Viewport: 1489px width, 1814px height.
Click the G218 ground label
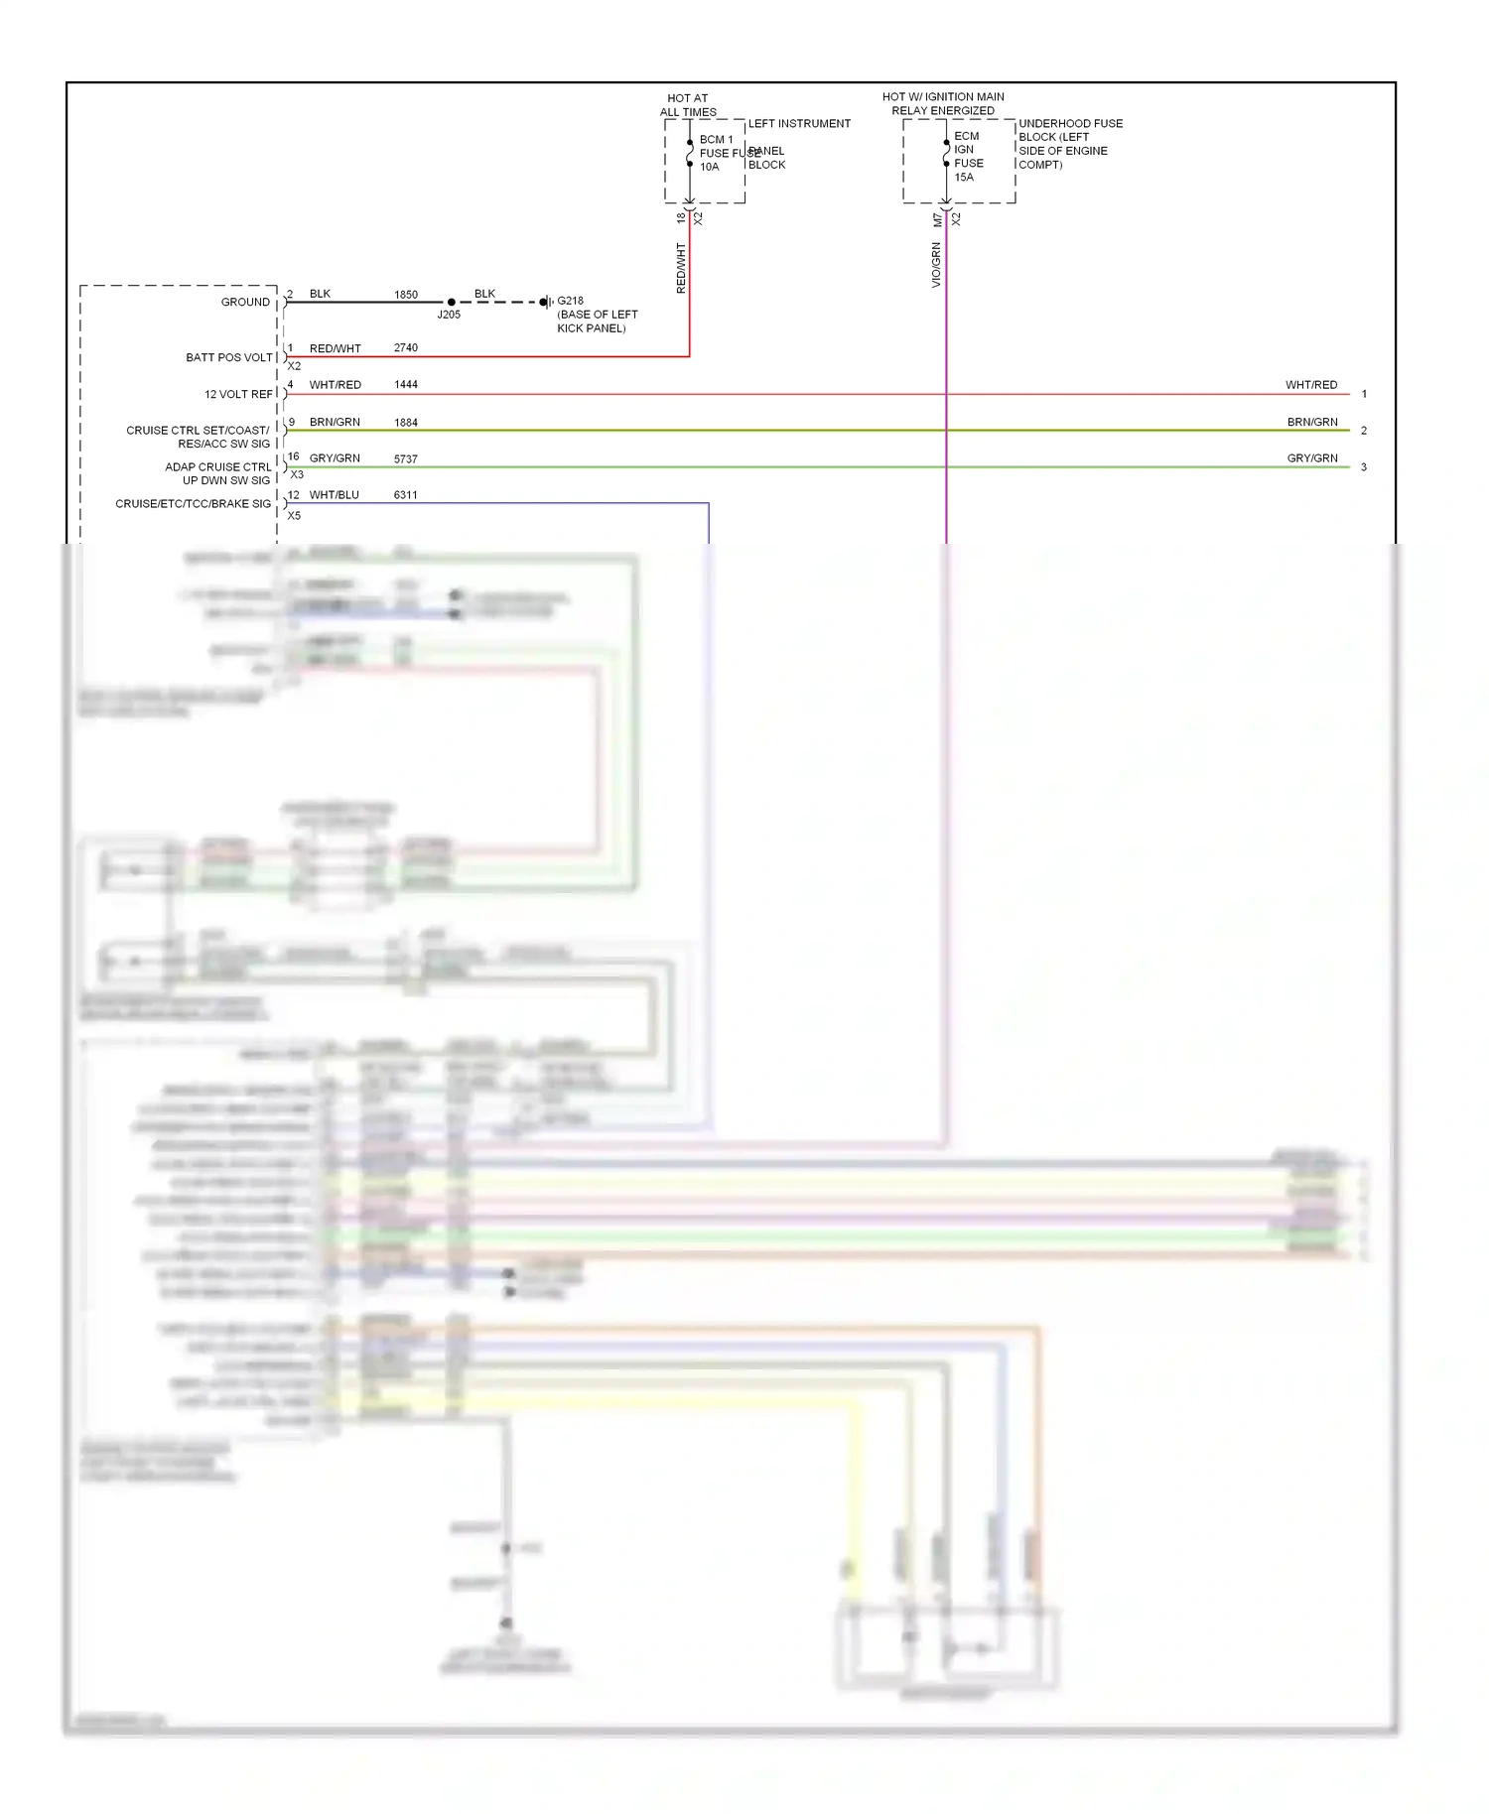point(571,301)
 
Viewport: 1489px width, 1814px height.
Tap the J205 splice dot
point(452,302)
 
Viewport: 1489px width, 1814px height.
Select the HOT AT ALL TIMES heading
point(688,105)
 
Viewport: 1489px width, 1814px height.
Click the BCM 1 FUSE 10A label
point(718,153)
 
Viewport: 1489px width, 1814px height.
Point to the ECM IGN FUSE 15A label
point(968,157)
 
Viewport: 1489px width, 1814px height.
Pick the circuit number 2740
point(406,348)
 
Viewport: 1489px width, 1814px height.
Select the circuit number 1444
point(406,385)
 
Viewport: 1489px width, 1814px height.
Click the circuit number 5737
point(406,459)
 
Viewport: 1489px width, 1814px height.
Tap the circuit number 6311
point(406,495)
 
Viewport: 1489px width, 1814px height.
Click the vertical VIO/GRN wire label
point(936,266)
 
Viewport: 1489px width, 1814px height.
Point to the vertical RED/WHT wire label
point(681,268)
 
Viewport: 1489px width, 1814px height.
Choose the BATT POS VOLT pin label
point(229,358)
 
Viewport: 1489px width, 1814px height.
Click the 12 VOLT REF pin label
point(238,395)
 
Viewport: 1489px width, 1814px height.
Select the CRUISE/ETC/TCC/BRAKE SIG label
point(194,504)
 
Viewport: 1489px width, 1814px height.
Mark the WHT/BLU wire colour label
point(335,495)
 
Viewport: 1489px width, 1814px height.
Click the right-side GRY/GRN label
point(1312,458)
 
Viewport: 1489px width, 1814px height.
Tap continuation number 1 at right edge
point(1364,395)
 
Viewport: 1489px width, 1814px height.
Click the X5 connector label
point(294,516)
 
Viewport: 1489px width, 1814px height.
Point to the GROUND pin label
point(245,303)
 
